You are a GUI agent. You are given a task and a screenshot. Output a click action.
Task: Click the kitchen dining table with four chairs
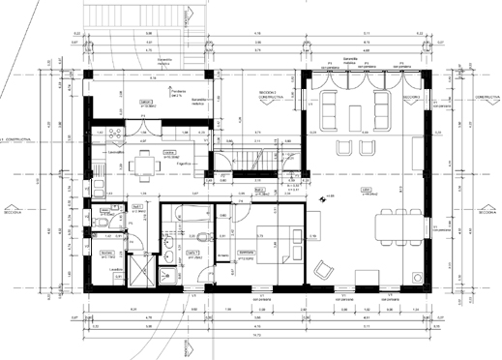point(146,163)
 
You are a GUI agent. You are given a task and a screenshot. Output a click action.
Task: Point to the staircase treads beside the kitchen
point(251,154)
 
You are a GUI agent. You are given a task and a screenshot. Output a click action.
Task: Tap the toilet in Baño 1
point(167,254)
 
